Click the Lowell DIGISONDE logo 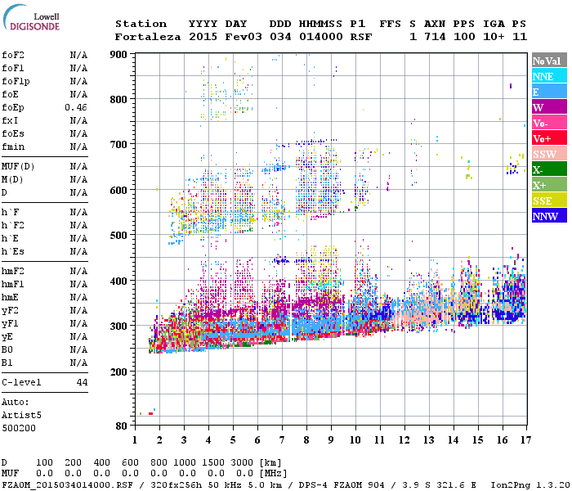click(x=30, y=21)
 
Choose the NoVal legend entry click(x=545, y=61)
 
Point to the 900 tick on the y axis click(x=119, y=55)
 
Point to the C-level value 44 click(x=82, y=382)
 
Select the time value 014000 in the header click(x=321, y=37)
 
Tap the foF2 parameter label click(x=12, y=55)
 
